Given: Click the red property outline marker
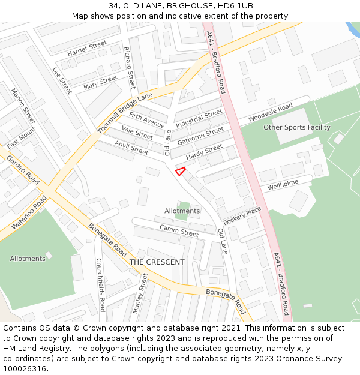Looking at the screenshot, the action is (x=179, y=171).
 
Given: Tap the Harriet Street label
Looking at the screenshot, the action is (x=87, y=49).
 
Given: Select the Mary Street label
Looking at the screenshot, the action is (x=100, y=82).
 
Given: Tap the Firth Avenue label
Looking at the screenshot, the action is (x=147, y=119).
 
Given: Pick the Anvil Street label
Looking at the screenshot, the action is (x=131, y=148).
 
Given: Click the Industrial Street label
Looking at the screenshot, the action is (x=199, y=118).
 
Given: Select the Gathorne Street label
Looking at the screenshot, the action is (x=200, y=136).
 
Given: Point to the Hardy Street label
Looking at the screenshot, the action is (x=204, y=152).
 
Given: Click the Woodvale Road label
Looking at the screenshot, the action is (x=270, y=111).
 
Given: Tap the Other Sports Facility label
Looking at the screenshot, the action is (x=297, y=127).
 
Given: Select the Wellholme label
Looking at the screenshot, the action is (x=283, y=184).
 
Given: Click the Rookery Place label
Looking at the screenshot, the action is (x=242, y=215).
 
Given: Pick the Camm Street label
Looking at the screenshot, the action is (x=179, y=230).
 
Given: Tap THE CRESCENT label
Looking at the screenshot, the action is (x=157, y=262).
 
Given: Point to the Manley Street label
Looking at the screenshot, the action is (x=140, y=293).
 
